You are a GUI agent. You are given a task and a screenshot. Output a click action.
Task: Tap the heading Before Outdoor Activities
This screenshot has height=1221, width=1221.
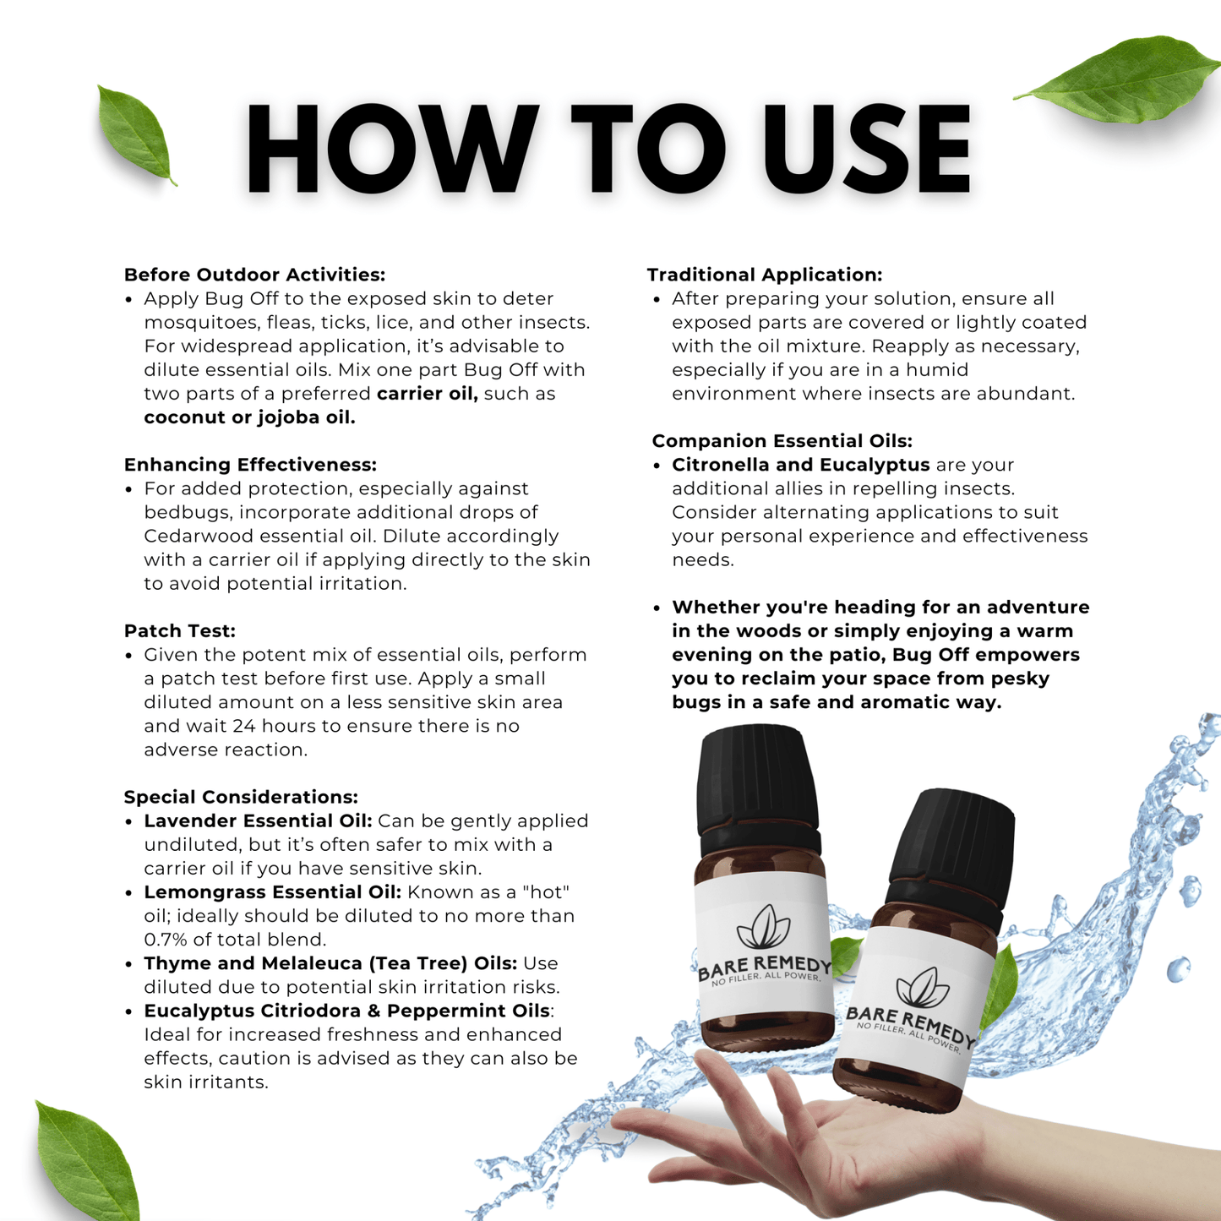pyautogui.click(x=254, y=275)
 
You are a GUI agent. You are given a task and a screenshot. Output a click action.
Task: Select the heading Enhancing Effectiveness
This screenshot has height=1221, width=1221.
pyautogui.click(x=250, y=465)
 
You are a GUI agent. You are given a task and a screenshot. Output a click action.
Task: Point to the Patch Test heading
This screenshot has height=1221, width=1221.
pyautogui.click(x=179, y=630)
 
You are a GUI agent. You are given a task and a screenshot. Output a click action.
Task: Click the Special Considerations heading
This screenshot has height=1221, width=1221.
pyautogui.click(x=241, y=797)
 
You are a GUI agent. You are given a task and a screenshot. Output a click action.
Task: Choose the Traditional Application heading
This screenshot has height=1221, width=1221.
pyautogui.click(x=764, y=275)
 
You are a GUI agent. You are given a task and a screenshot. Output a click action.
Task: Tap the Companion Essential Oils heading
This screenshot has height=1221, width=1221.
pyautogui.click(x=782, y=441)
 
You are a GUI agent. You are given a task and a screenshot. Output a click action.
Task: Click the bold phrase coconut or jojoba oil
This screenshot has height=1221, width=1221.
pyautogui.click(x=249, y=417)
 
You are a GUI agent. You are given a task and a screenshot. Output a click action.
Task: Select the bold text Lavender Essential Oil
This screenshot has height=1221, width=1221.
pyautogui.click(x=258, y=820)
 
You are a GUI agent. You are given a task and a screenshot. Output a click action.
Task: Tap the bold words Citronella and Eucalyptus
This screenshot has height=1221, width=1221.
pyautogui.click(x=800, y=465)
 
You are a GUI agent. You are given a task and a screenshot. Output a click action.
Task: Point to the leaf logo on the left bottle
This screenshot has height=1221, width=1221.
pyautogui.click(x=763, y=927)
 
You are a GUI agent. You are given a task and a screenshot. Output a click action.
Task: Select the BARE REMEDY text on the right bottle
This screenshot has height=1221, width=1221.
pyautogui.click(x=909, y=1022)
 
